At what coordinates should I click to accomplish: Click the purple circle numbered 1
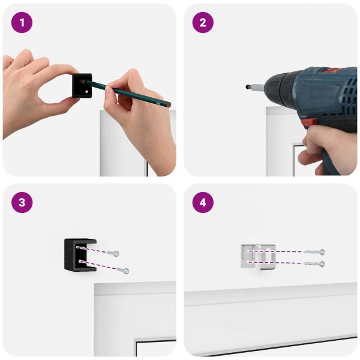(22, 23)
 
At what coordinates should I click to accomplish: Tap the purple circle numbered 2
(203, 23)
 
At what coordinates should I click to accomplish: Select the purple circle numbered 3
(22, 203)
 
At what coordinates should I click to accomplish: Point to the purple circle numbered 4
(203, 203)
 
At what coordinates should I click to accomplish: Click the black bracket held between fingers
(82, 85)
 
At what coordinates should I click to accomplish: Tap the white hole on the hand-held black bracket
(87, 92)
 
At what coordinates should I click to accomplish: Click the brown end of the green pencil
(169, 105)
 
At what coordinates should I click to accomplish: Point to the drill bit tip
(247, 87)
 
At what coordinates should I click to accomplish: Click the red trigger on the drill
(309, 122)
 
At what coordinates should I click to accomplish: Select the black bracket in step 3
(80, 255)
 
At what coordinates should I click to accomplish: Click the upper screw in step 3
(113, 253)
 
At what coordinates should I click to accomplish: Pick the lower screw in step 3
(123, 271)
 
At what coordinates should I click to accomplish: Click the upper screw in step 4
(314, 252)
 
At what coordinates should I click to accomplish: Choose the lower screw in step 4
(314, 264)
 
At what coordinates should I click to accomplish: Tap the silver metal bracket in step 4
(258, 257)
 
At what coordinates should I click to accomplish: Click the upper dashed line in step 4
(275, 251)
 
